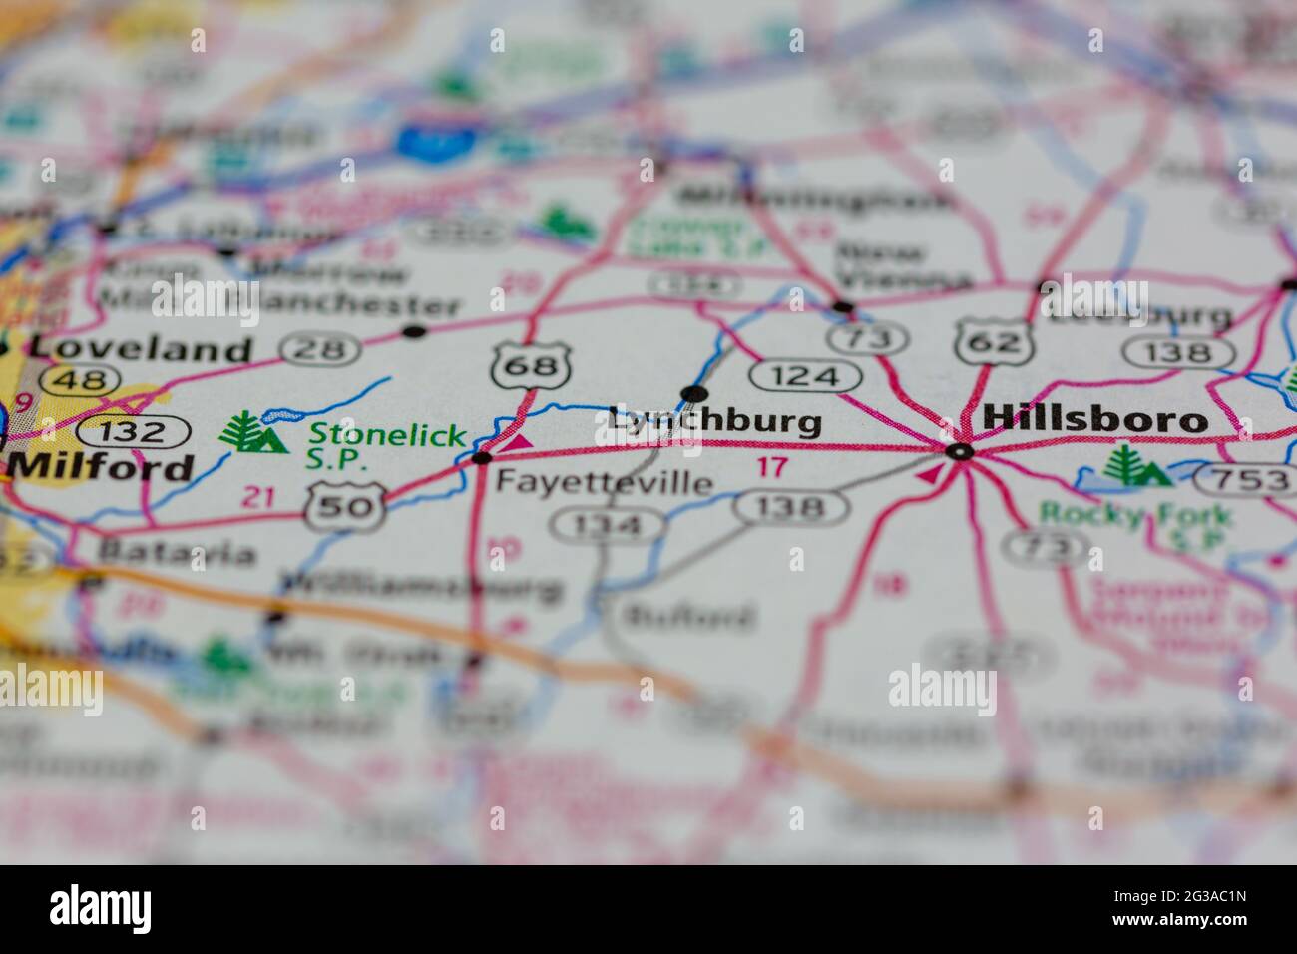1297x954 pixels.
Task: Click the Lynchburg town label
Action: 714,421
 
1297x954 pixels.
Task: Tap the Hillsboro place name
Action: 1094,419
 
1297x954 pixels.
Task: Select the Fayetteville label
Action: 605,483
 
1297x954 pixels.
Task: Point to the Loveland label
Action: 140,349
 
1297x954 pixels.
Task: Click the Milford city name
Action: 102,467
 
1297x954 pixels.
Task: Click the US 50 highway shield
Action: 345,506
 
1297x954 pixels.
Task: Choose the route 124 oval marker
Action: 805,376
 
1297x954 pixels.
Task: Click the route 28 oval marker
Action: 319,349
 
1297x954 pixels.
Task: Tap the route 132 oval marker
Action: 134,432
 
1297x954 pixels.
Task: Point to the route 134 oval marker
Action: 609,524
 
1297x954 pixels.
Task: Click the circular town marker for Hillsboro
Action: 960,452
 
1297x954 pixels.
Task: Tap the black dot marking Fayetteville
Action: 482,458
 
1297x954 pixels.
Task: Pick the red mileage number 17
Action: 772,466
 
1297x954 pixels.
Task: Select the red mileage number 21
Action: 258,496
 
